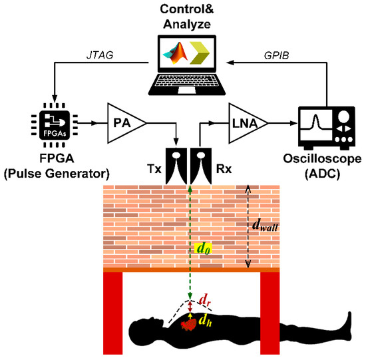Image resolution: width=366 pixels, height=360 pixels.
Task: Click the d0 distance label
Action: [204, 249]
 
